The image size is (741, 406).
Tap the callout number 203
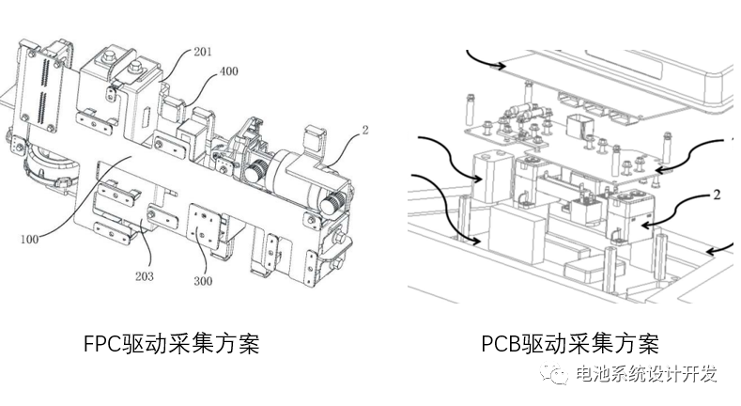[145, 277]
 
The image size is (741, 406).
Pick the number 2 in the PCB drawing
[716, 195]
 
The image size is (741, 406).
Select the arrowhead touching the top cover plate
[507, 66]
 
